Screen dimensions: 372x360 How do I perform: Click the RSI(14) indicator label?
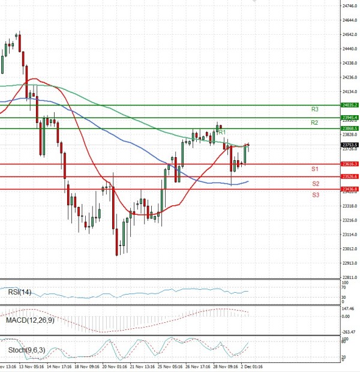pyautogui.click(x=20, y=292)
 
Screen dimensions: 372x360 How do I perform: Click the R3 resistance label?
pyautogui.click(x=314, y=109)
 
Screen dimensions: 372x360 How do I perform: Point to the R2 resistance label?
pyautogui.click(x=314, y=122)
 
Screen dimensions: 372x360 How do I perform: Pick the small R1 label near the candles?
pyautogui.click(x=221, y=132)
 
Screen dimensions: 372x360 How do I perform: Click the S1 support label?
pyautogui.click(x=315, y=169)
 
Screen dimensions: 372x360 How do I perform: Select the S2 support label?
pyautogui.click(x=315, y=183)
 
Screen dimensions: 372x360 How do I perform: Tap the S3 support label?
pyautogui.click(x=315, y=195)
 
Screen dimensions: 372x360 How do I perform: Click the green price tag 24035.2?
pyautogui.click(x=349, y=105)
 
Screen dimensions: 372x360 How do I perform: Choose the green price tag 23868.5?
pyautogui.click(x=349, y=128)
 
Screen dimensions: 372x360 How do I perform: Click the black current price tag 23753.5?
pyautogui.click(x=349, y=145)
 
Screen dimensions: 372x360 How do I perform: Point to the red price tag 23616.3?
pyautogui.click(x=349, y=164)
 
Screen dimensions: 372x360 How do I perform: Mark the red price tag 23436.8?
pyautogui.click(x=349, y=189)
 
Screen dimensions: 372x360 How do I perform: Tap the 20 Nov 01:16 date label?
pyautogui.click(x=115, y=365)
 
